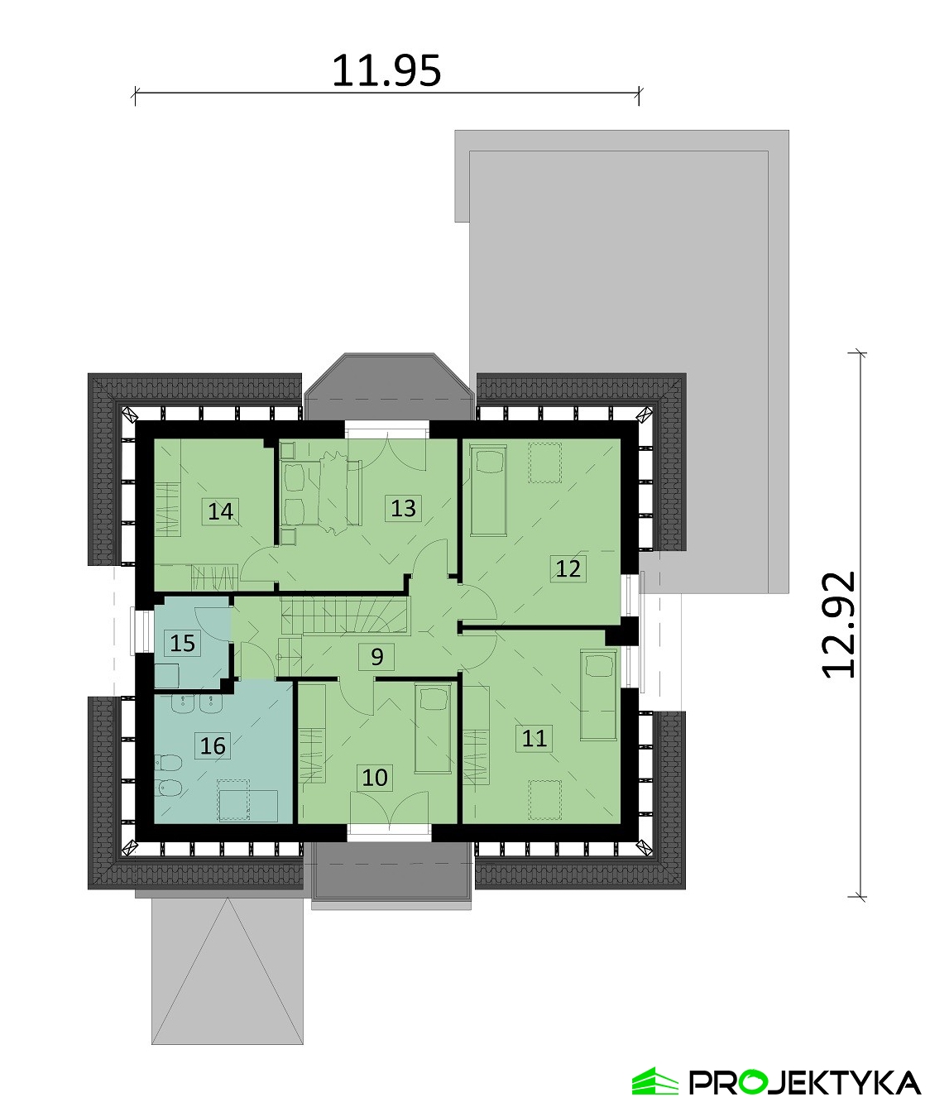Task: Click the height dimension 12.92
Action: tap(839, 625)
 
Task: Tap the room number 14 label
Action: tap(221, 511)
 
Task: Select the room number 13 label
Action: tap(403, 507)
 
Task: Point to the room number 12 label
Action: tap(568, 568)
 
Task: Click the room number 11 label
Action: tap(535, 737)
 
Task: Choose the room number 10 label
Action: tap(375, 777)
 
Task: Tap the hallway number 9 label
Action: tap(377, 657)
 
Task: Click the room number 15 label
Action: tap(183, 642)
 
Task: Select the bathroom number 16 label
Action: tap(213, 745)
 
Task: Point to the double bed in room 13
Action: tap(319, 493)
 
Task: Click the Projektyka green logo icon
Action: tap(654, 1081)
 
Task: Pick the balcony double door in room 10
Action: tap(389, 807)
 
